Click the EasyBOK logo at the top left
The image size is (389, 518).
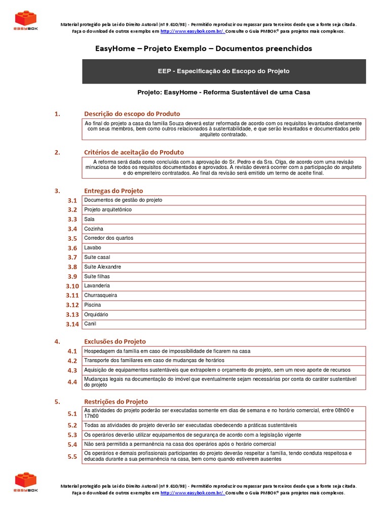pyautogui.click(x=26, y=21)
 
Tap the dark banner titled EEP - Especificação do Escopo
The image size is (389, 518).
pyautogui.click(x=224, y=71)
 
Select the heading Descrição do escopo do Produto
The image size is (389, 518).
pyautogui.click(x=132, y=114)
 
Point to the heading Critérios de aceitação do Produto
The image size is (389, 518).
pyautogui.click(x=134, y=152)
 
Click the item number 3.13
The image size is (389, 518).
pyautogui.click(x=72, y=315)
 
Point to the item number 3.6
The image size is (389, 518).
pyautogui.click(x=72, y=248)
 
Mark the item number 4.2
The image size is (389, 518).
pyautogui.click(x=72, y=361)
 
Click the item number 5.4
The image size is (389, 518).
pyautogui.click(x=72, y=444)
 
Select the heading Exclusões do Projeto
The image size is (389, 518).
pyautogui.click(x=115, y=341)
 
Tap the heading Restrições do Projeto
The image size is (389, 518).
pyautogui.click(x=116, y=402)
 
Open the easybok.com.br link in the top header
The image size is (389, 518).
pyautogui.click(x=192, y=31)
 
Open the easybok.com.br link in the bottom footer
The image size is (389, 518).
pyautogui.click(x=192, y=493)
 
